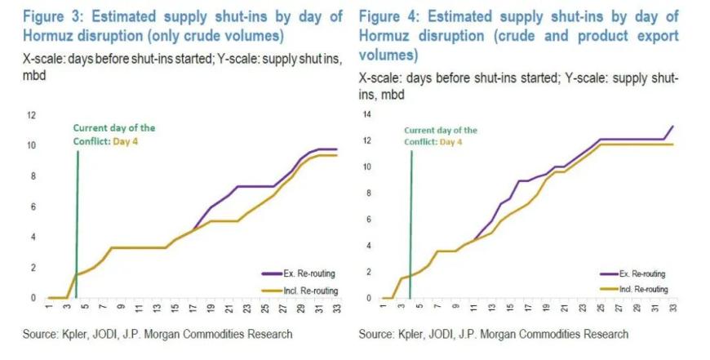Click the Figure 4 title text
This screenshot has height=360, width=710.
518,37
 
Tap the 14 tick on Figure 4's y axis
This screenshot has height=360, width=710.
367,115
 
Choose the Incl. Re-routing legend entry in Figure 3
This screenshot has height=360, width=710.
309,290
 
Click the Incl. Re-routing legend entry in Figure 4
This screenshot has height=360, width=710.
641,289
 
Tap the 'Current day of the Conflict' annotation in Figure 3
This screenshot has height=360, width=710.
114,134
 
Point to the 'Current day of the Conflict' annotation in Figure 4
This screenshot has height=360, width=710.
441,136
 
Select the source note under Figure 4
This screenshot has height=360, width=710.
494,334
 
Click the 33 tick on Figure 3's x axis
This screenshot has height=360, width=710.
335,309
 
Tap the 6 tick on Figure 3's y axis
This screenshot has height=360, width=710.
33,207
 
